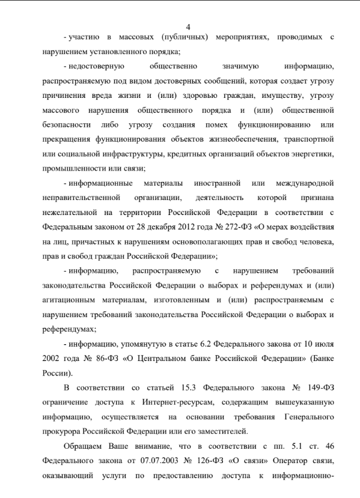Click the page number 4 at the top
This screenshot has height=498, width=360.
point(188,26)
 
